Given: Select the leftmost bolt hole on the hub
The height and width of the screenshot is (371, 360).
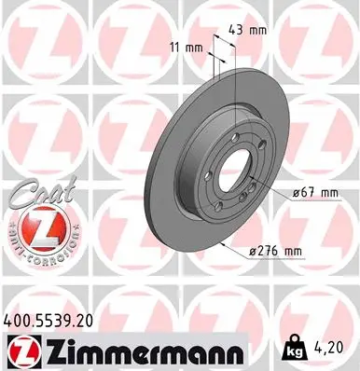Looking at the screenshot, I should point(212,176).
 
